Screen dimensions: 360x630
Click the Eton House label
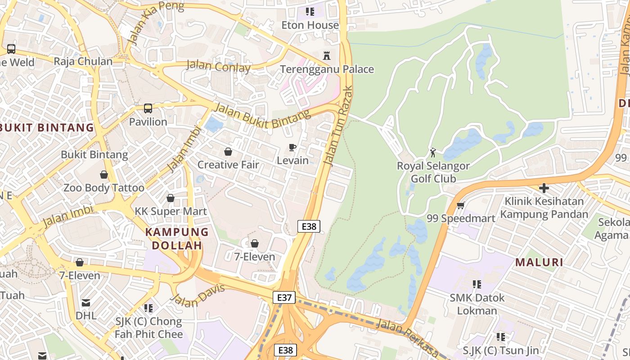[x=310, y=25]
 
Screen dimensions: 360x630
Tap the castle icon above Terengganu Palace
[x=327, y=56]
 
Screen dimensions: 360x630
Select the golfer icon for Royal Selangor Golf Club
[x=433, y=153]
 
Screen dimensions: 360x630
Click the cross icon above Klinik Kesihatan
[x=544, y=188]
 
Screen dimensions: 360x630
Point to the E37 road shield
[x=284, y=297]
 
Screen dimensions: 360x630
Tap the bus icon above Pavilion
[x=148, y=108]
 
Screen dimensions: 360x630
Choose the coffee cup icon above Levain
[x=292, y=147]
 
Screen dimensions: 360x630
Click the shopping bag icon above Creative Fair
[x=228, y=152]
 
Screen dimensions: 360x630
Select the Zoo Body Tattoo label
[x=104, y=188]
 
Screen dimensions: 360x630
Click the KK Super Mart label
[x=171, y=211]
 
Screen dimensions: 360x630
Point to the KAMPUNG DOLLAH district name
[x=177, y=239]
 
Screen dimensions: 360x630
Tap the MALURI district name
[x=539, y=262]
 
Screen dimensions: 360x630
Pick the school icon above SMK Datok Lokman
[x=477, y=284]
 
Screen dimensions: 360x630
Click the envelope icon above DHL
[x=86, y=303]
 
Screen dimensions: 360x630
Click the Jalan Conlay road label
[x=218, y=66]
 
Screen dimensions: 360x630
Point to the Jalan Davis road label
[x=198, y=296]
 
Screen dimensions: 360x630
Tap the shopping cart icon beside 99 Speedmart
[x=460, y=206]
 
